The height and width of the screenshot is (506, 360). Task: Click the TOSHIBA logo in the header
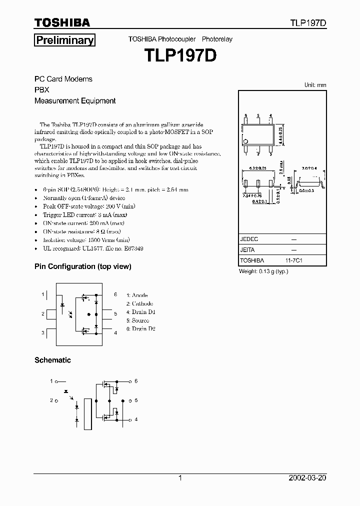(62, 22)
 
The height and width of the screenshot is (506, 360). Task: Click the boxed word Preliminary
(64, 40)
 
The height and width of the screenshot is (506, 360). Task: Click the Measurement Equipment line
(75, 100)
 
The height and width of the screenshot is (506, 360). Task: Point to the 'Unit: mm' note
(315, 85)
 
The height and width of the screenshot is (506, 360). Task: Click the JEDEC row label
(249, 239)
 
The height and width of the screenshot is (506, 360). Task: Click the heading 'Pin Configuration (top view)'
(82, 266)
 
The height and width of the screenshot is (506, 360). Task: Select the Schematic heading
(52, 360)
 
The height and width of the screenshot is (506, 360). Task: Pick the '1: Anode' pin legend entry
(137, 295)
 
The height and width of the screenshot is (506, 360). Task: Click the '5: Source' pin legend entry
(137, 320)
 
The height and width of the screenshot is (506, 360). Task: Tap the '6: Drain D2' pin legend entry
(140, 328)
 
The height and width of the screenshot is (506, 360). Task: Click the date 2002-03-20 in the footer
(308, 478)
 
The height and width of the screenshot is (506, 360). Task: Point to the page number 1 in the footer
(180, 478)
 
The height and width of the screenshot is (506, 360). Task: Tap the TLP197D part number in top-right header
(308, 23)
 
